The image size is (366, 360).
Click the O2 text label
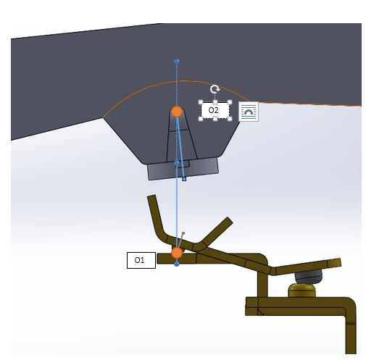click(x=213, y=110)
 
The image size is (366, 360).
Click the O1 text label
click(x=139, y=260)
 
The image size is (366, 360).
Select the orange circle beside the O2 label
click(x=177, y=112)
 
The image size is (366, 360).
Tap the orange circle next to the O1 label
click(x=177, y=253)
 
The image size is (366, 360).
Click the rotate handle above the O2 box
click(x=215, y=89)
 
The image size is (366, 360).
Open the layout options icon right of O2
click(x=249, y=112)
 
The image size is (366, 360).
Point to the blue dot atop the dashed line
click(x=177, y=62)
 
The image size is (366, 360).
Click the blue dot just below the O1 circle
click(x=177, y=264)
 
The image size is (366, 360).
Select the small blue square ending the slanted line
click(x=184, y=179)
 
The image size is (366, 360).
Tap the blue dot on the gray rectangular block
click(x=177, y=164)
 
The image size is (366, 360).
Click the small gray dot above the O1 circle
click(x=183, y=233)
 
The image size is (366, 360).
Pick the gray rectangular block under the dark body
click(x=183, y=169)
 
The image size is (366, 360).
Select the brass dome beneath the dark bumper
click(x=302, y=290)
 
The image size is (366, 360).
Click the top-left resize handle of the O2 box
click(x=201, y=102)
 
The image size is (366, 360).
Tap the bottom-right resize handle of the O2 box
click(x=230, y=119)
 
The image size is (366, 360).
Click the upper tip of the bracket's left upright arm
click(x=151, y=196)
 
